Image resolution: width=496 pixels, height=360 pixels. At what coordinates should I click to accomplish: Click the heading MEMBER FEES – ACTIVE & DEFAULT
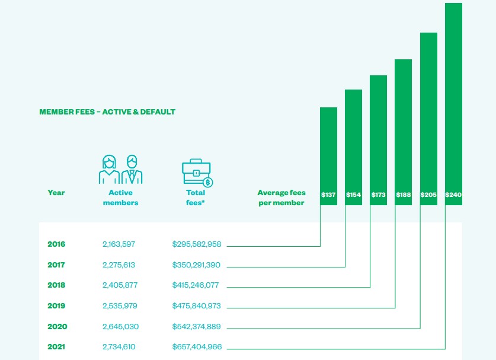tap(107, 111)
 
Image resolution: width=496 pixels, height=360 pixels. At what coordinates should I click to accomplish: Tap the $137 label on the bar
tap(328, 195)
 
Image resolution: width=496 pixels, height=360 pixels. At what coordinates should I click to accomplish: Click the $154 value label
tap(353, 195)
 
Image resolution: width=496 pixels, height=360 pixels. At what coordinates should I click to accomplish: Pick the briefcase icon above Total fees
tap(197, 173)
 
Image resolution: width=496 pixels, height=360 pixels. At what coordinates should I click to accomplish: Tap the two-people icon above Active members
tap(120, 170)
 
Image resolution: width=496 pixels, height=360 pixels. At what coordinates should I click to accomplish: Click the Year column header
tap(56, 193)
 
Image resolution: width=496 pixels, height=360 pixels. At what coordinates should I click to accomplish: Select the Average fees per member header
tap(281, 197)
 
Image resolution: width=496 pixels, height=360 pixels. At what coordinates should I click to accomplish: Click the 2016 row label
tap(56, 244)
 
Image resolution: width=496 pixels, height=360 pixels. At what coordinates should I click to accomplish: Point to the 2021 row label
tap(56, 346)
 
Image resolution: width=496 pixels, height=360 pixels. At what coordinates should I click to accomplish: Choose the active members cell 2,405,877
tap(120, 285)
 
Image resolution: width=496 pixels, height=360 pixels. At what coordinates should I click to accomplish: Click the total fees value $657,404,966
tap(197, 346)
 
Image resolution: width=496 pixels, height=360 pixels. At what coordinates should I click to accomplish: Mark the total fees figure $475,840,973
tap(197, 306)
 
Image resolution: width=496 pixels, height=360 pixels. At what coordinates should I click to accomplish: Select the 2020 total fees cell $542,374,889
tap(197, 326)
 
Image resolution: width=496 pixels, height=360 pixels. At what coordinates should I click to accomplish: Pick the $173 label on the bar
tap(378, 195)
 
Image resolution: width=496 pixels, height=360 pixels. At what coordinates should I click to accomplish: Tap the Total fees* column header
tap(196, 197)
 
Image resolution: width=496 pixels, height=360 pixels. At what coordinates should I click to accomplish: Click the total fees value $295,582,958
tap(197, 244)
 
